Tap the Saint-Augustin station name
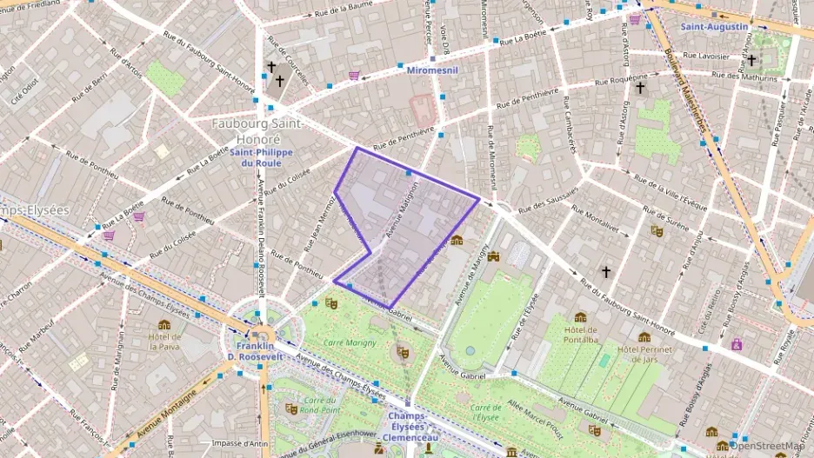point(713,27)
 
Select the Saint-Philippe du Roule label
point(261,157)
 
